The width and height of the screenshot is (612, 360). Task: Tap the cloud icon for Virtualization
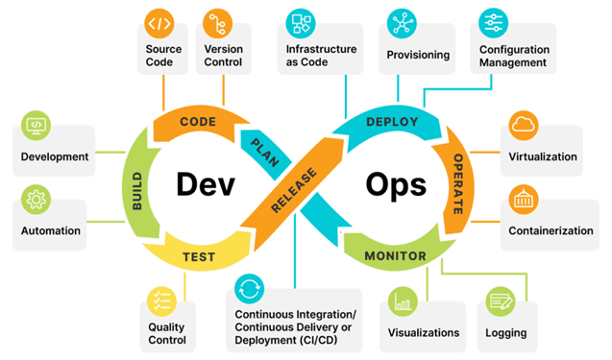[524, 126]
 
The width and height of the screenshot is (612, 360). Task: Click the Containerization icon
[524, 201]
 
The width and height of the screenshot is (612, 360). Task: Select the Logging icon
[500, 301]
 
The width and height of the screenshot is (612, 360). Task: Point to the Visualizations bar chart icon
[402, 301]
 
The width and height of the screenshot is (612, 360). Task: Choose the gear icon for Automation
[36, 201]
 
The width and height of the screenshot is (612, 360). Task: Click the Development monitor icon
[36, 126]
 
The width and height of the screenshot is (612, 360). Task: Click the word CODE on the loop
[197, 122]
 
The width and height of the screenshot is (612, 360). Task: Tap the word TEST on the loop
[199, 256]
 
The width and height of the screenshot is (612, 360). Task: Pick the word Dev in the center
[205, 185]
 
